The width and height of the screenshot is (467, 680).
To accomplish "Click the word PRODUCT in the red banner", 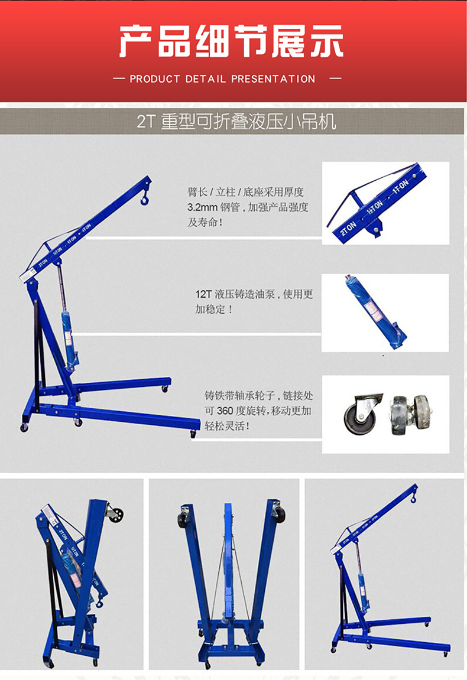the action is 154,79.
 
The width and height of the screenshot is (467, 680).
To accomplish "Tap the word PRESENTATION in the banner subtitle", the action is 273,79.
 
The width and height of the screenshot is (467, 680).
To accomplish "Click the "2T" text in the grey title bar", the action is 145,122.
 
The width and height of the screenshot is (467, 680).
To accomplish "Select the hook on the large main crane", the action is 144,199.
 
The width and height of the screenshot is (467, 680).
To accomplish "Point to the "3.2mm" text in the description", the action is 202,207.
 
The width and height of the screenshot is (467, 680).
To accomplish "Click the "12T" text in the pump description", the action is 203,294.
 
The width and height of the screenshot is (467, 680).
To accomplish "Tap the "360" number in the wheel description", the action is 225,411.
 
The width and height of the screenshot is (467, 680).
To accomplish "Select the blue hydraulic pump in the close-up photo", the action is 376,312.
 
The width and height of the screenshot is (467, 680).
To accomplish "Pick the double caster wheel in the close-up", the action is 410,414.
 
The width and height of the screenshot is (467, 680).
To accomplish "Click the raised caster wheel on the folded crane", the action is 115,514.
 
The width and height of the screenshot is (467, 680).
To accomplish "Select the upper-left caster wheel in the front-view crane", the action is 184,517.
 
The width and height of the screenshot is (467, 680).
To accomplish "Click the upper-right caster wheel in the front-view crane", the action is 278,513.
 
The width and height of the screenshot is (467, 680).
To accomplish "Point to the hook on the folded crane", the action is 99,602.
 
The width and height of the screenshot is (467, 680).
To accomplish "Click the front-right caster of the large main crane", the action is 193,434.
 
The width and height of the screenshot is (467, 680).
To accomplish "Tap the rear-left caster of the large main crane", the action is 24,428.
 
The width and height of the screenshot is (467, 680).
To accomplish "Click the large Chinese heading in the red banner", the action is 231,41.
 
